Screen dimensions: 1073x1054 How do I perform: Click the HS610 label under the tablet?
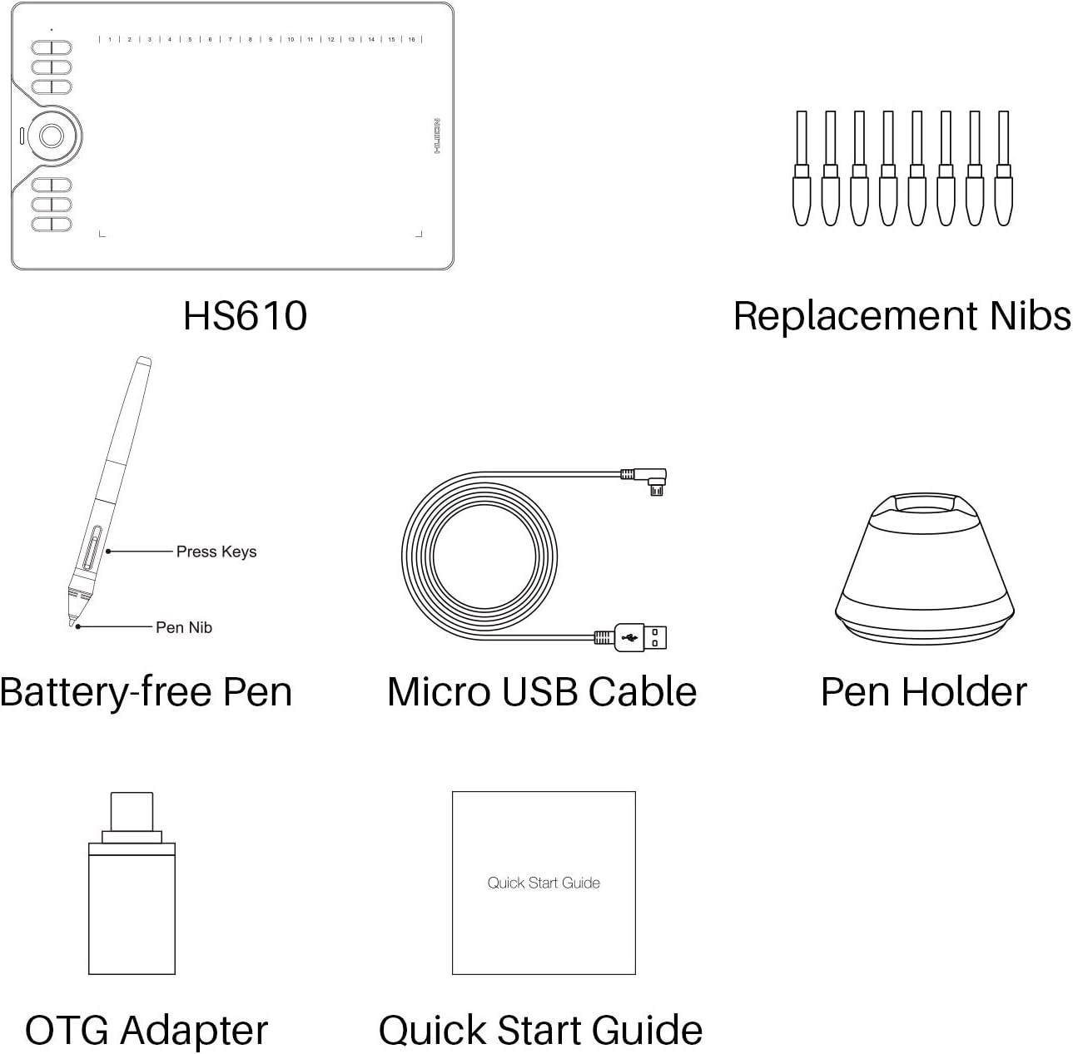[x=245, y=315]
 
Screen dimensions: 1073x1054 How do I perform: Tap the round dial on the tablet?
[x=52, y=136]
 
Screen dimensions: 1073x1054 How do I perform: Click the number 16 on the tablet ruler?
[x=411, y=39]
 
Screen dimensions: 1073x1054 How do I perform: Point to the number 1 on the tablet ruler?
[x=110, y=39]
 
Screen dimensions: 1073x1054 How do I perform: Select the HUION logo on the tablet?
[x=437, y=136]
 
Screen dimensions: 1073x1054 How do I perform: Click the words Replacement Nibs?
[x=902, y=316]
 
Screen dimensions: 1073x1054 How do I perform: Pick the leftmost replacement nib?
[x=802, y=168]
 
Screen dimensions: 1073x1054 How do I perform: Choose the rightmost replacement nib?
[x=1003, y=168]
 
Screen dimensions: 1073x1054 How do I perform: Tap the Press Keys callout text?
[x=216, y=552]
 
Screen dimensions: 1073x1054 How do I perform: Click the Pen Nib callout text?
[x=184, y=627]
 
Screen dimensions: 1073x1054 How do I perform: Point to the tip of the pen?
[x=72, y=625]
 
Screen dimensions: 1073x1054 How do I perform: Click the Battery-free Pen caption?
[x=146, y=692]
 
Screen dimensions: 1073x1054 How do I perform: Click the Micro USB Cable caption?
[x=542, y=692]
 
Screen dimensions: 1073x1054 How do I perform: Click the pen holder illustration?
[x=924, y=568]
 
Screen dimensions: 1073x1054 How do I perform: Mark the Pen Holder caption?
[x=924, y=692]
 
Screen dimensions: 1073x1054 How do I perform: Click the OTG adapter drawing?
[x=132, y=883]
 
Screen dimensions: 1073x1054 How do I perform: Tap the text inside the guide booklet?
[x=544, y=883]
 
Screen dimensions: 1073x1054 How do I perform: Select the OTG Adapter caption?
[x=147, y=1030]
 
